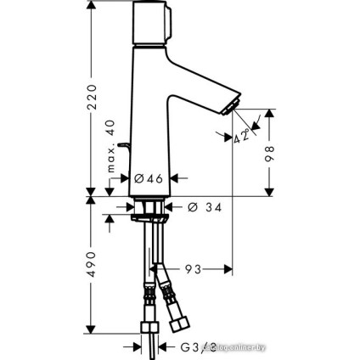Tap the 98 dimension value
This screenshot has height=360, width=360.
[271, 153]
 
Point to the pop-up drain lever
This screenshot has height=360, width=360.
[125, 152]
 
